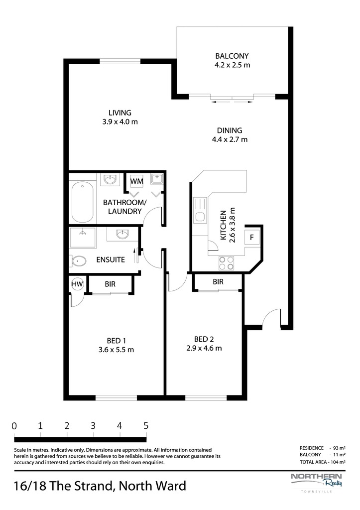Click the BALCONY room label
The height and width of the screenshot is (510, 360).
click(232, 56)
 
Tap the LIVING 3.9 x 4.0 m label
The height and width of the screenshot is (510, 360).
click(120, 118)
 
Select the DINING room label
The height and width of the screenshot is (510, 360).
click(230, 130)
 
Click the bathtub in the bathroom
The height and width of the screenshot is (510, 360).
click(83, 202)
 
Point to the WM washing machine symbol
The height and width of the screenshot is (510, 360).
click(136, 181)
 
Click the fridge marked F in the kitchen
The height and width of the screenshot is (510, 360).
click(252, 237)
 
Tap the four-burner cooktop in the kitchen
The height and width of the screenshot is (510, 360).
click(227, 263)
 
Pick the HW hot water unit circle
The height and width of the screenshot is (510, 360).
click(77, 284)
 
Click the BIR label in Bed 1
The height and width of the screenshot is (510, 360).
click(110, 284)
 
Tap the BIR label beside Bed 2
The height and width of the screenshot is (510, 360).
click(218, 282)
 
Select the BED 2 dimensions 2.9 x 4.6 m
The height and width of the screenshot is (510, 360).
click(204, 348)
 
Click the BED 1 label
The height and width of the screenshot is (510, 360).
click(116, 341)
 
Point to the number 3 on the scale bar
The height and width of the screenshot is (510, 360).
click(93, 425)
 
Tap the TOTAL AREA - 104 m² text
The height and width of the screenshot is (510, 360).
click(323, 462)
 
